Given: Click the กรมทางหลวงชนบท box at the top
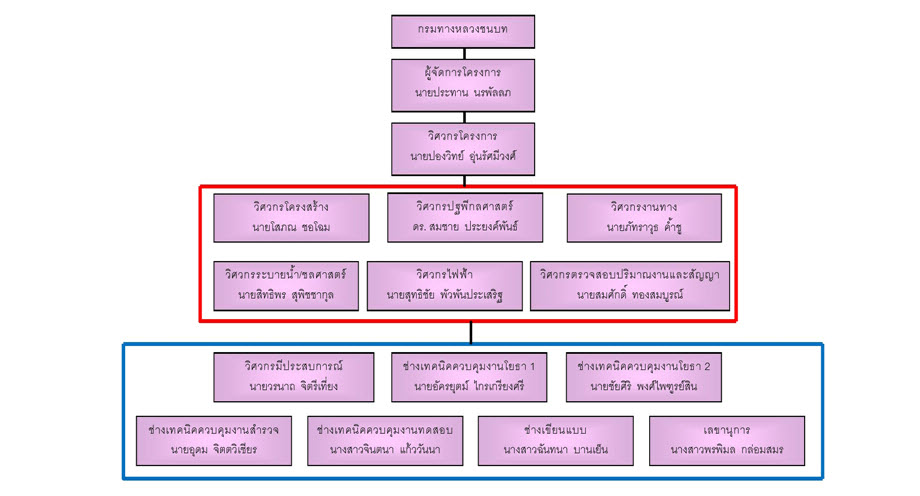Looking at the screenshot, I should (462, 31).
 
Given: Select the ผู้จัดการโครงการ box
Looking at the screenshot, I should (462, 84).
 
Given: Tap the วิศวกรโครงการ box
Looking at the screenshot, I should (462, 148).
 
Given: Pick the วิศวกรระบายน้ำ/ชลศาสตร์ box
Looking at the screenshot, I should (286, 286).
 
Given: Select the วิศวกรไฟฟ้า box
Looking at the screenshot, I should (444, 286).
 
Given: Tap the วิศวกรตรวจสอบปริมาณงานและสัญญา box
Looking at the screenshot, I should (629, 286).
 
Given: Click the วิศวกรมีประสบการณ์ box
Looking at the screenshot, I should (294, 377).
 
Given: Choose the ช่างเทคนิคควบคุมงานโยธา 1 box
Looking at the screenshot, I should (469, 377).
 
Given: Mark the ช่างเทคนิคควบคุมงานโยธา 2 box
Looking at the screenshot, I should (643, 377).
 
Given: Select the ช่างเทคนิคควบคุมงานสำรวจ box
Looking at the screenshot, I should (214, 441).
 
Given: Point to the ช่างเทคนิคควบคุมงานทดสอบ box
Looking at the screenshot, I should (385, 441).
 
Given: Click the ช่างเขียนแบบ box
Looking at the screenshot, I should (556, 441).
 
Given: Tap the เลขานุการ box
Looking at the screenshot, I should (727, 441).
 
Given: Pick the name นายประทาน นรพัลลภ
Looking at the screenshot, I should (462, 93).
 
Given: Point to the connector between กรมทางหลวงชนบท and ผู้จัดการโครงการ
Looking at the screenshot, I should (463, 53).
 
